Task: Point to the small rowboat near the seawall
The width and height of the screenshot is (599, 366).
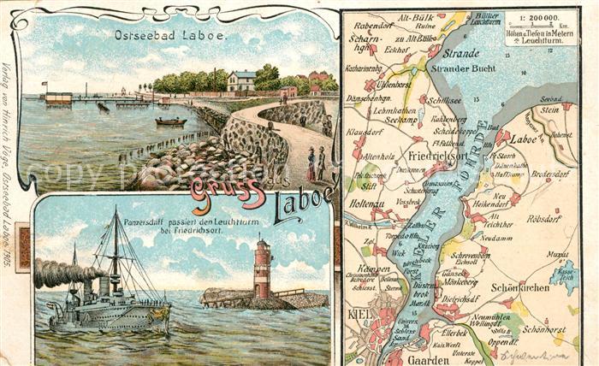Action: [170, 121]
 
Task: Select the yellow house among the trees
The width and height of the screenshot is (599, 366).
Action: [242, 81]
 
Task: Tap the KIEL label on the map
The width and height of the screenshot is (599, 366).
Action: [359, 313]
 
